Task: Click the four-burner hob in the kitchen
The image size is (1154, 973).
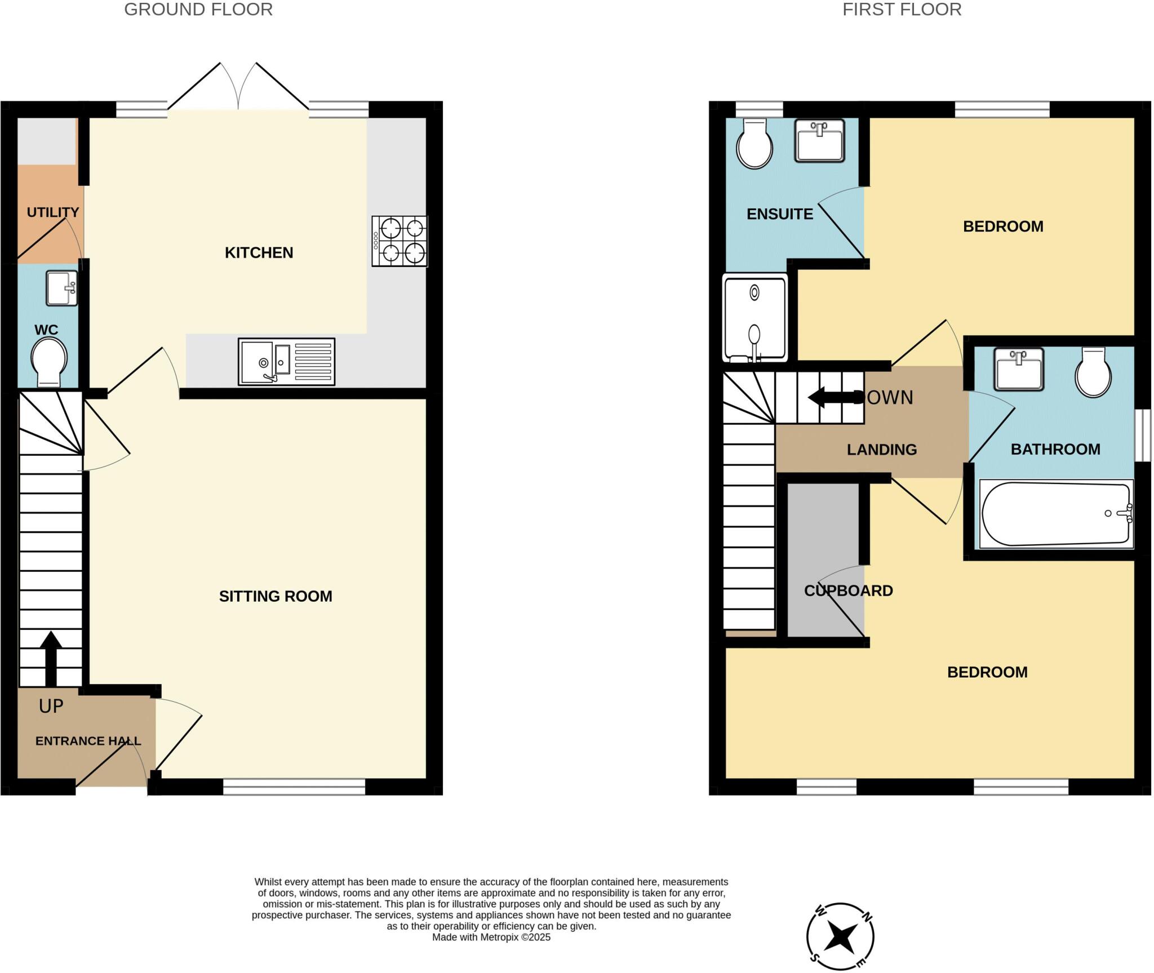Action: pos(400,241)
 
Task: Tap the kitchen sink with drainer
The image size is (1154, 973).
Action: pos(286,361)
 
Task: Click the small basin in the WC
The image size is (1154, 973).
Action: pos(61,288)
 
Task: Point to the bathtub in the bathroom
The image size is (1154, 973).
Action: pos(1056,513)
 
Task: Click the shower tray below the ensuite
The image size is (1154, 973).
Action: pos(754,318)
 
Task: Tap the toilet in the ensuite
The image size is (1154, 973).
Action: pos(754,144)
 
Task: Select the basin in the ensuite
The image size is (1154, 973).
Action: pos(819,140)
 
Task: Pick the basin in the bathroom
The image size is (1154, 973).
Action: pos(1019,369)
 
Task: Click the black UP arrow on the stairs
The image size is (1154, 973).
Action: pos(51,656)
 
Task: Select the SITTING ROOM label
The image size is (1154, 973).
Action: pos(276,596)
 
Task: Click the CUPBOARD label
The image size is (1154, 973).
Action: pos(848,590)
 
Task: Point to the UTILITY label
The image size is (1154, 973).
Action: pos(53,212)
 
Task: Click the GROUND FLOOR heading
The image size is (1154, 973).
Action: pos(198,10)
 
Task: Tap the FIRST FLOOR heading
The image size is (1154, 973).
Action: pos(902,10)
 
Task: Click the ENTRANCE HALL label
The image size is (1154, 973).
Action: pos(88,741)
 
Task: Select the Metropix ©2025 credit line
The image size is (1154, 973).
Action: pos(491,938)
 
